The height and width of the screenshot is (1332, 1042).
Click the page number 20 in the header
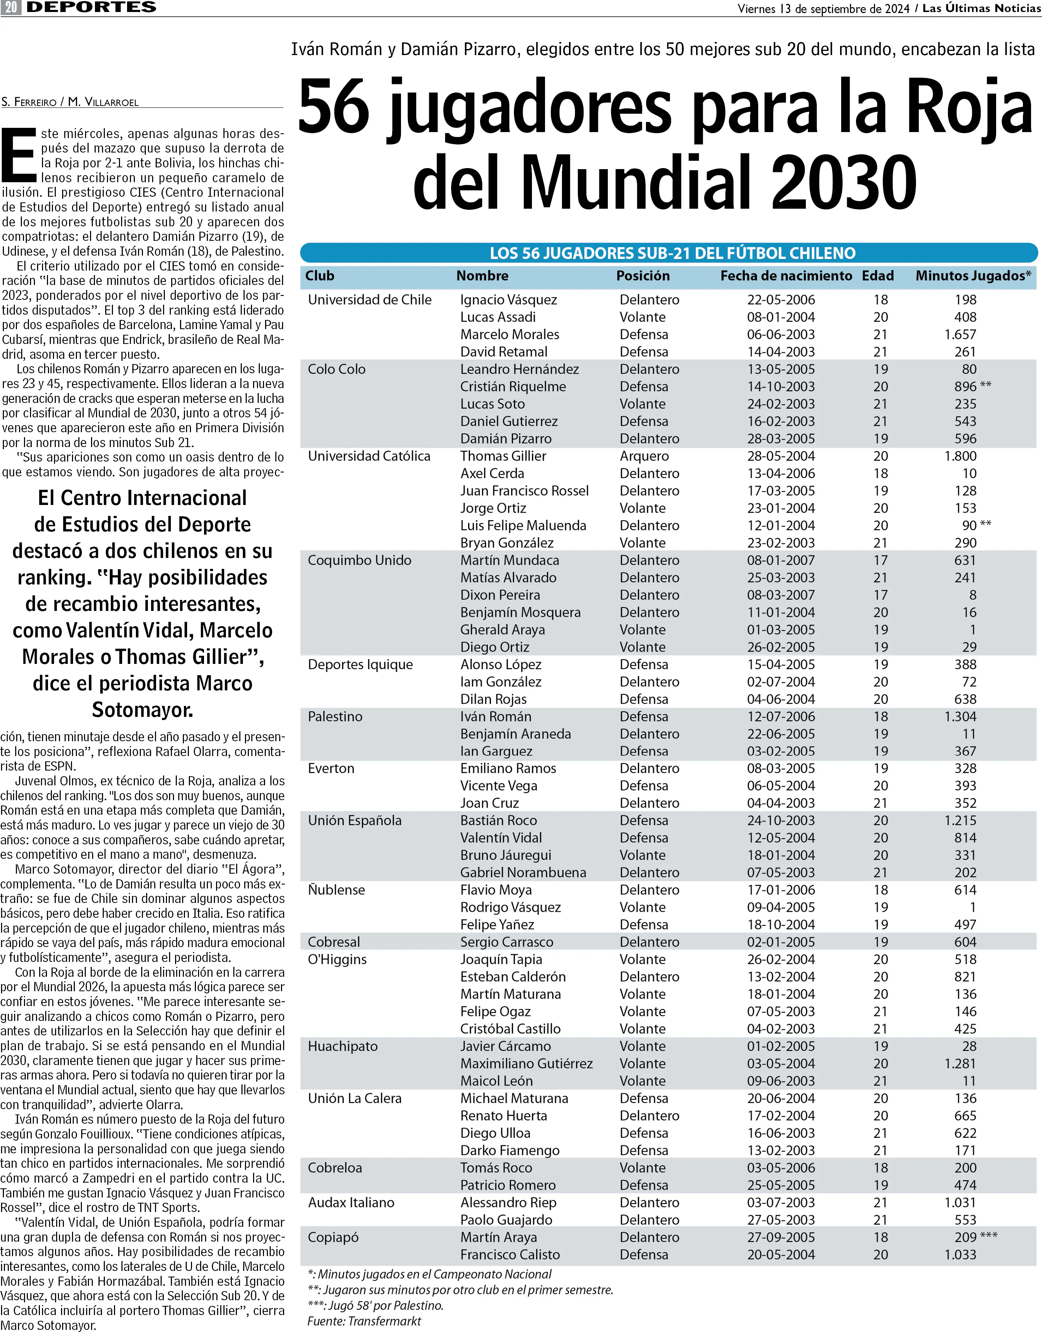click(11, 7)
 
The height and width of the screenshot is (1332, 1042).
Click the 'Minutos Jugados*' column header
click(973, 276)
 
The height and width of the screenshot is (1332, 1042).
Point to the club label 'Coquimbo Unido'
click(359, 560)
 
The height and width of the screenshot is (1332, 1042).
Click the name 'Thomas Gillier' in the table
click(503, 456)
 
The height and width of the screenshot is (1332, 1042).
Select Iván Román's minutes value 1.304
click(960, 716)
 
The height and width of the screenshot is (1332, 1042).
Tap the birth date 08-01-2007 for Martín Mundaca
click(781, 560)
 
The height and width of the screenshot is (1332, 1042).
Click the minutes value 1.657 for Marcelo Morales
click(960, 334)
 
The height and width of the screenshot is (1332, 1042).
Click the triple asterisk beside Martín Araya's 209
click(988, 1236)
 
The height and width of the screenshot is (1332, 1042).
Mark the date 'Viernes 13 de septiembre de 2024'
click(823, 8)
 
